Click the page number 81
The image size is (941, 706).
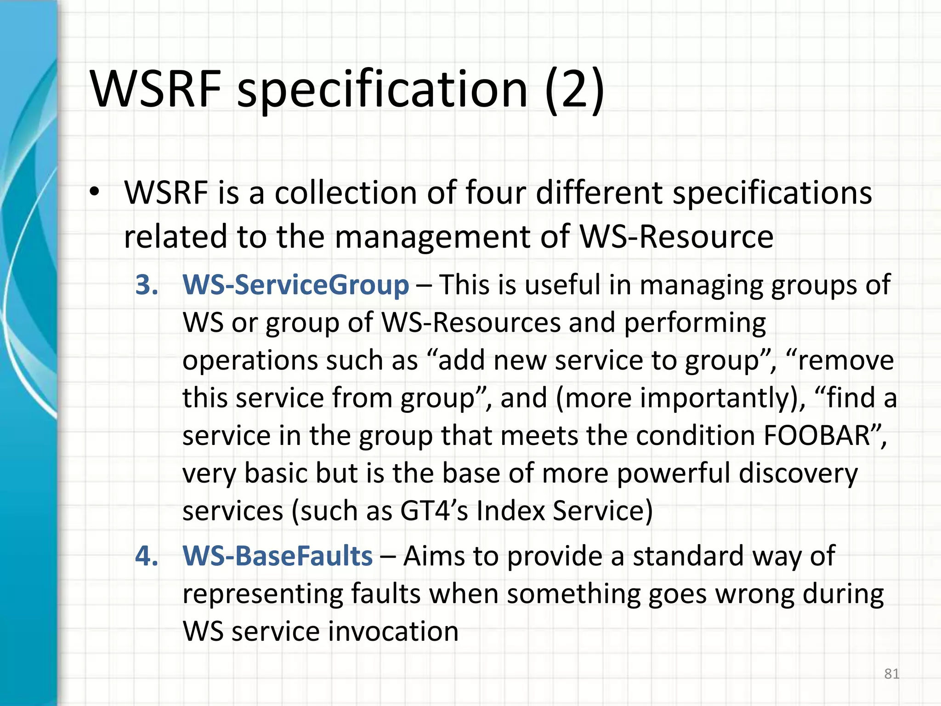click(891, 674)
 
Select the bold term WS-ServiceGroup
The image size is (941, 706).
click(295, 285)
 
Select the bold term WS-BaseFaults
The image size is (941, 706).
click(278, 556)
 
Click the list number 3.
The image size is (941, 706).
click(147, 285)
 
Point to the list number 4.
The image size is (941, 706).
click(147, 556)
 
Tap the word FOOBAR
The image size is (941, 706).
click(816, 435)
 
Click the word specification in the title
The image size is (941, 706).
click(382, 90)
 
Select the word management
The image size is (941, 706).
click(431, 237)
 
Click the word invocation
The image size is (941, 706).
click(393, 632)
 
